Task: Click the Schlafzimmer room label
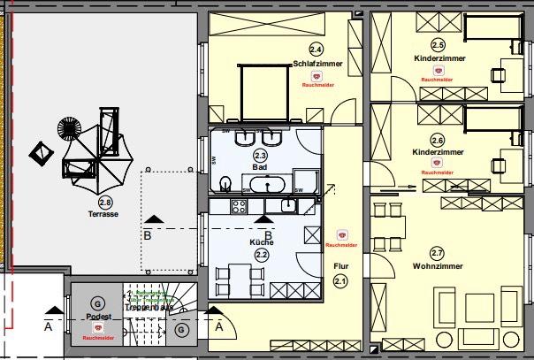pyautogui.click(x=317, y=63)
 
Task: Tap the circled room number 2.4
pyautogui.click(x=316, y=50)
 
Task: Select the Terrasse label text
pyautogui.click(x=103, y=214)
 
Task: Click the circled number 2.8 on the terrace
pyautogui.click(x=105, y=203)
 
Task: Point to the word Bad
pyautogui.click(x=259, y=166)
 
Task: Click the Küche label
pyautogui.click(x=262, y=241)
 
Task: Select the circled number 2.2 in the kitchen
pyautogui.click(x=262, y=254)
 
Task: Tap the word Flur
pyautogui.click(x=341, y=264)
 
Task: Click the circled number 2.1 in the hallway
pyautogui.click(x=341, y=280)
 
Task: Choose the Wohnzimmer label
pyautogui.click(x=438, y=265)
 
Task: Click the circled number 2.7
pyautogui.click(x=437, y=253)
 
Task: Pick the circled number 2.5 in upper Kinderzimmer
pyautogui.click(x=438, y=45)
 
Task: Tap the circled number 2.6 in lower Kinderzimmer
pyautogui.click(x=438, y=140)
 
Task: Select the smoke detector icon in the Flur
pyautogui.click(x=342, y=235)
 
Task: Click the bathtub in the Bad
pyautogui.click(x=265, y=185)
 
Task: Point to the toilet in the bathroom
pyautogui.click(x=225, y=184)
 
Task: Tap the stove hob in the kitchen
pyautogui.click(x=238, y=206)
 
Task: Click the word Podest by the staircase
pyautogui.click(x=97, y=316)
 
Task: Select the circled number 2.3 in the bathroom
pyautogui.click(x=260, y=155)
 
